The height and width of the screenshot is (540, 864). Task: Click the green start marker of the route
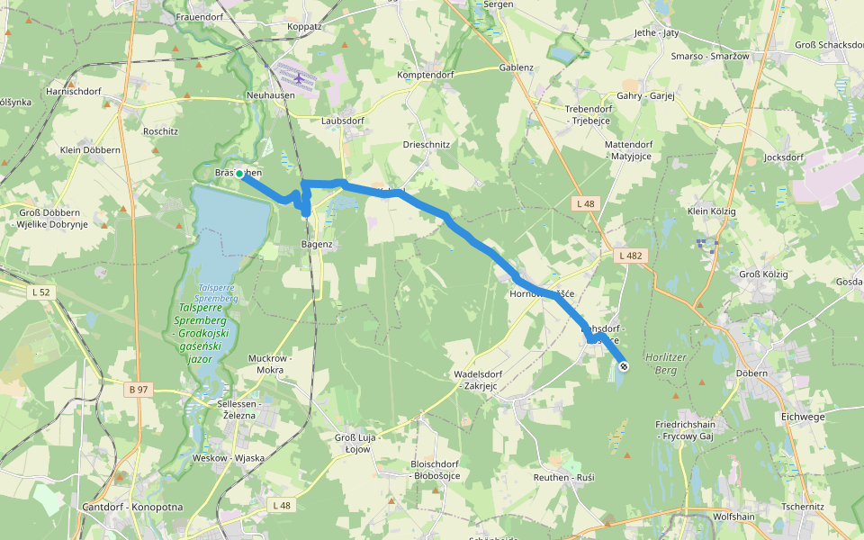(240, 177)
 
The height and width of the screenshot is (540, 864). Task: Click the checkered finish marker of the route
(624, 366)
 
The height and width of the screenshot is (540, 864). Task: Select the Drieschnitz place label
(427, 144)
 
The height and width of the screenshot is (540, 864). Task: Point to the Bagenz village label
(317, 244)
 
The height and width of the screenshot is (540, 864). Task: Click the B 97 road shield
(139, 390)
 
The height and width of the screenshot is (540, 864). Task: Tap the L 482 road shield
(631, 256)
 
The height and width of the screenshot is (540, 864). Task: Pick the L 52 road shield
(41, 292)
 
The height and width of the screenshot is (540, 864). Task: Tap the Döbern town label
(751, 373)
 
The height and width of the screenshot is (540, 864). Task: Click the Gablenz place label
(517, 67)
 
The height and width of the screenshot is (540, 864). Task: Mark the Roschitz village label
(160, 130)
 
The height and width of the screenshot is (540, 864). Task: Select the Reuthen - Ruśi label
(563, 476)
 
